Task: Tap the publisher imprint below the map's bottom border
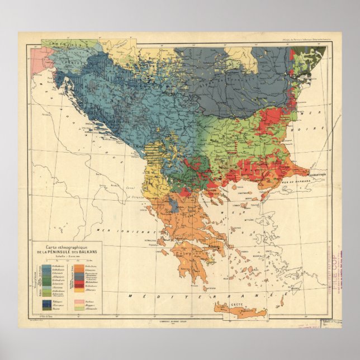click(x=179, y=323)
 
